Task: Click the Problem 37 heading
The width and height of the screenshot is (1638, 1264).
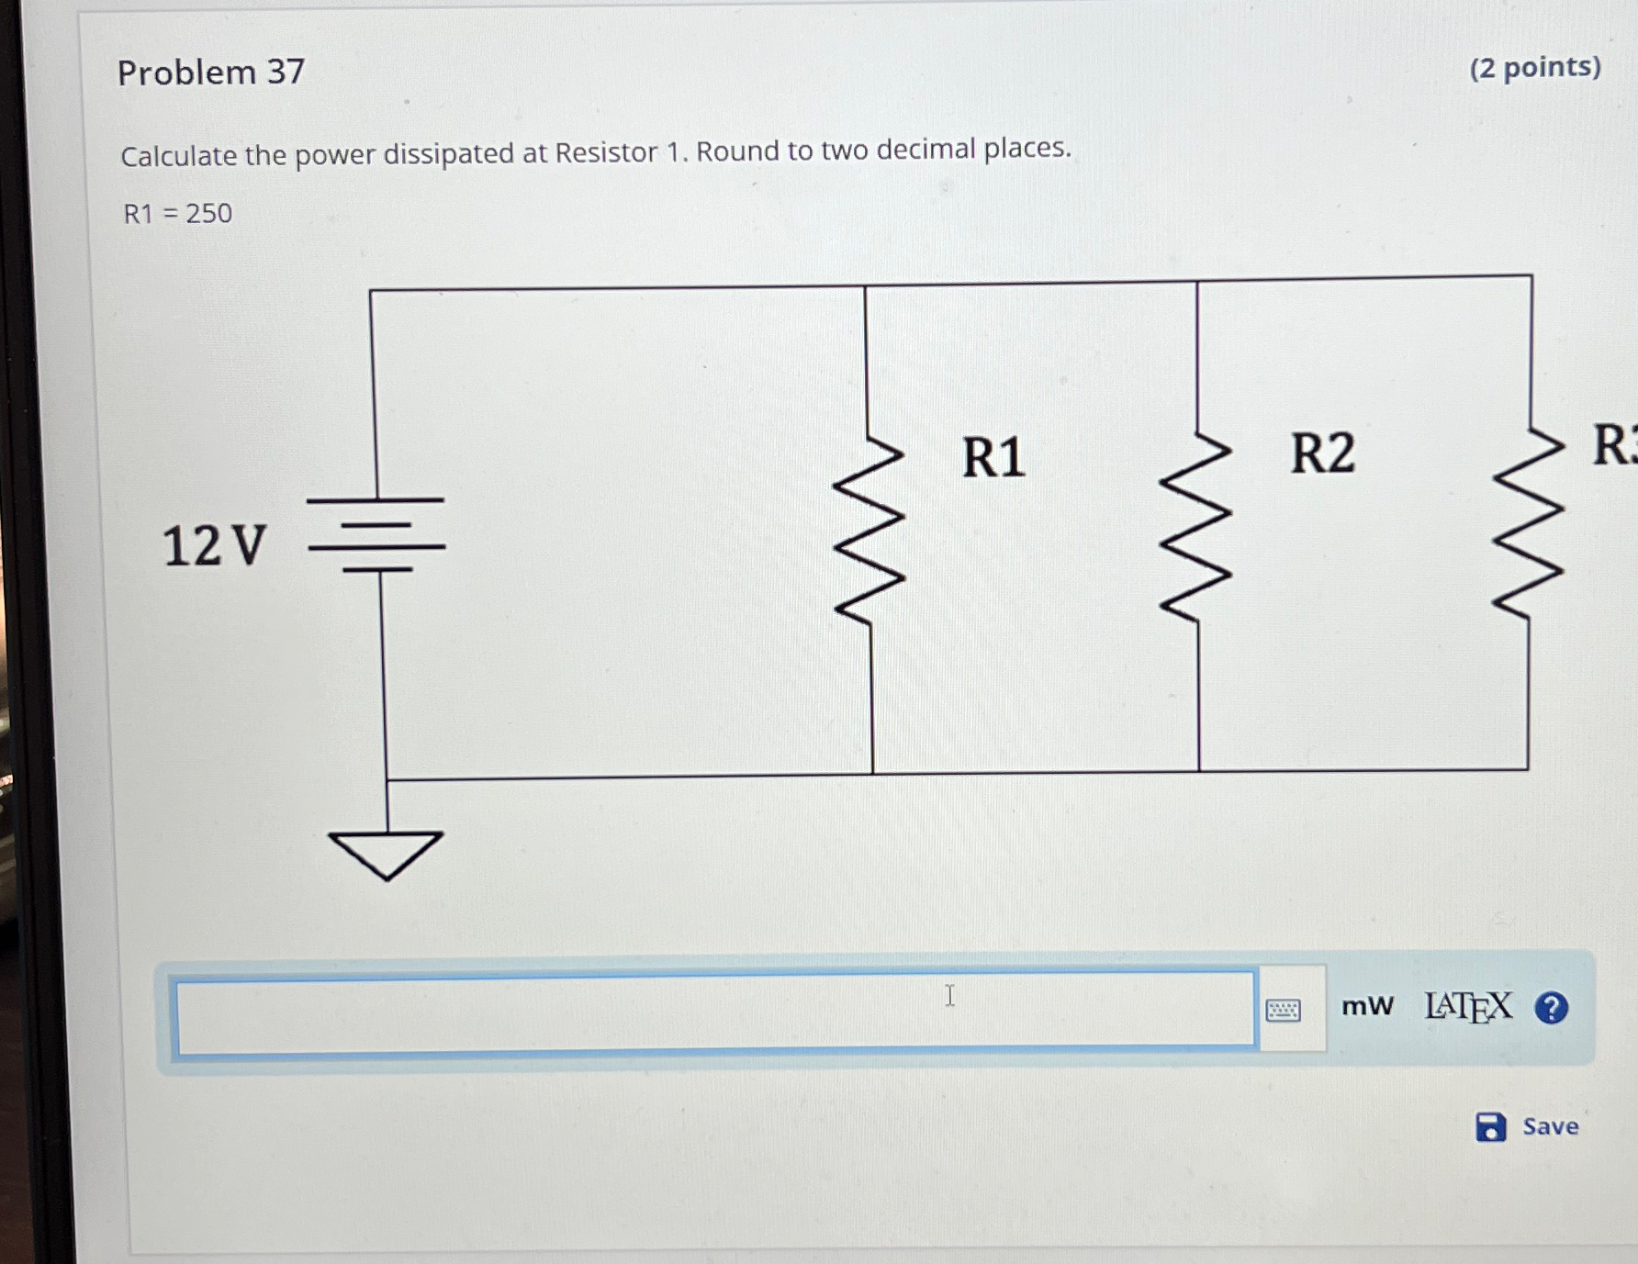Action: (x=210, y=72)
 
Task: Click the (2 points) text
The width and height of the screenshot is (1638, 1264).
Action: (x=1534, y=67)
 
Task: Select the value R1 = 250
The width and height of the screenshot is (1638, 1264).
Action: (x=178, y=214)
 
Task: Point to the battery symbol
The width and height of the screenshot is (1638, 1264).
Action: (x=376, y=535)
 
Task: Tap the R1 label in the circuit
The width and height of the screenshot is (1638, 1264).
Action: (x=993, y=457)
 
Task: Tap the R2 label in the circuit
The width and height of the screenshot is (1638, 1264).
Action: (x=1321, y=453)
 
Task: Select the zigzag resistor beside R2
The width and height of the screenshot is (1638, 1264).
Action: (x=1195, y=528)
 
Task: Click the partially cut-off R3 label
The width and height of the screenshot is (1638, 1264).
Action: (x=1613, y=445)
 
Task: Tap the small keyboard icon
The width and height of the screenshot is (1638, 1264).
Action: (x=1283, y=1011)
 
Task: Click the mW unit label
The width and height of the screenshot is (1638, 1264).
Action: (x=1366, y=1006)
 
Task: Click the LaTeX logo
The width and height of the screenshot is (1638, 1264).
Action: (x=1467, y=1007)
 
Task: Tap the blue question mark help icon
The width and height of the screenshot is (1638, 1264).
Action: (x=1551, y=1008)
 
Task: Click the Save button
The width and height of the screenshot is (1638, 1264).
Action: (x=1528, y=1126)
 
